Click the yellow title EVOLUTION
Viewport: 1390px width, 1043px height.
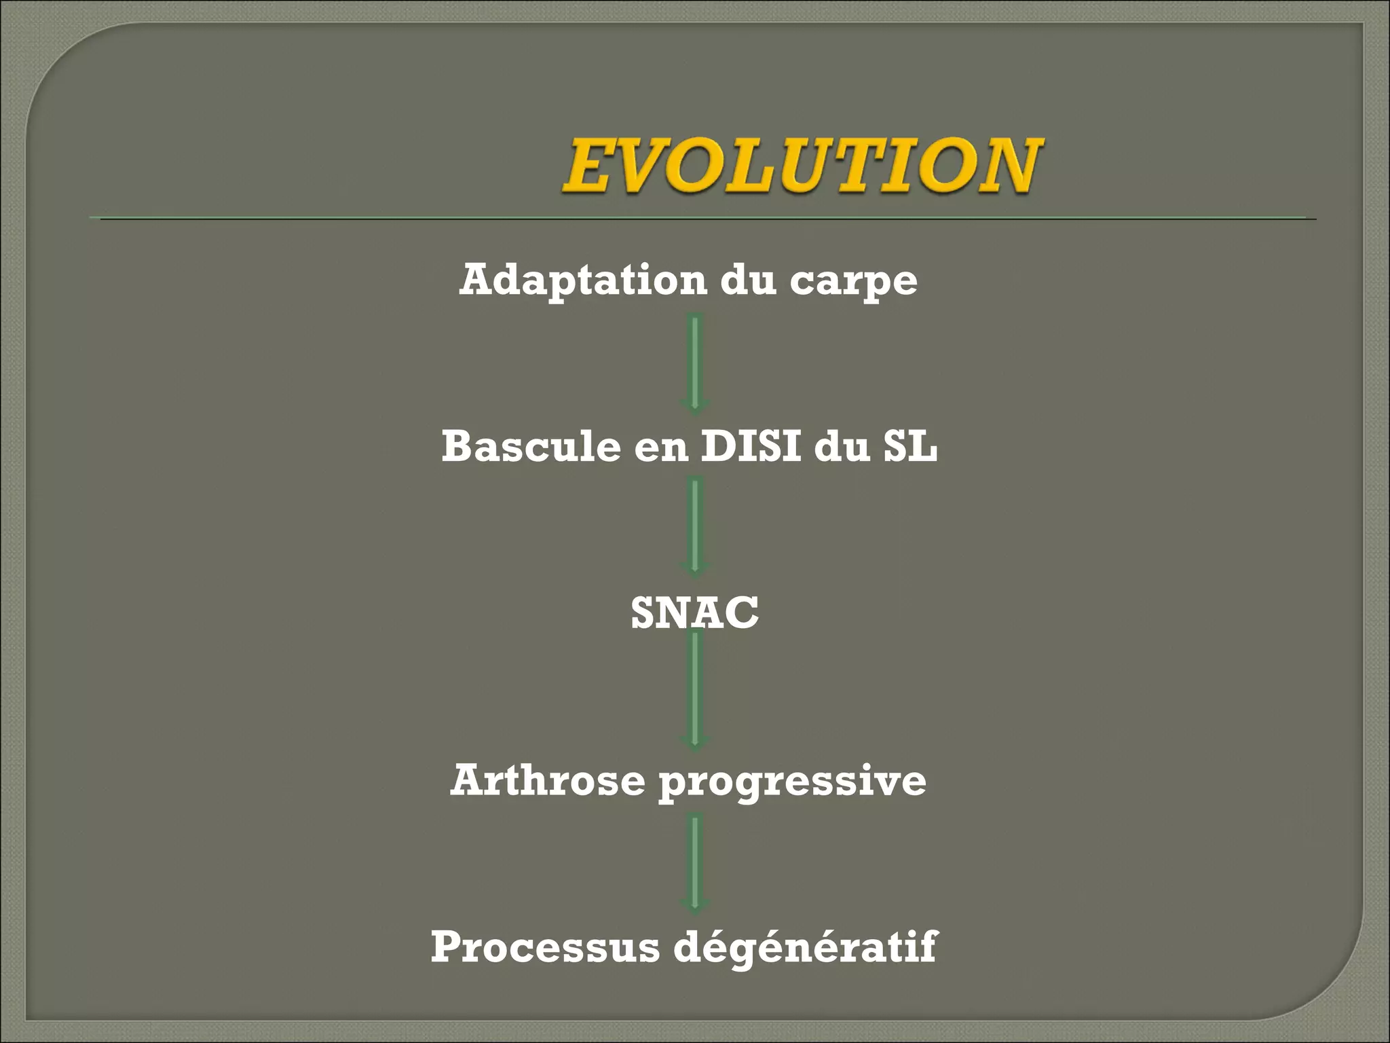pyautogui.click(x=801, y=165)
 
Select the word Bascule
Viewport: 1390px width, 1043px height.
pyautogui.click(x=531, y=447)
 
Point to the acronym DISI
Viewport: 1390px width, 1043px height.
pyautogui.click(x=751, y=447)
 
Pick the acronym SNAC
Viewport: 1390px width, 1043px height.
pyautogui.click(x=694, y=612)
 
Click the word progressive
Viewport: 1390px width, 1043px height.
pyautogui.click(x=792, y=782)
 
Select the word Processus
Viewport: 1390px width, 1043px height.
pyautogui.click(x=545, y=947)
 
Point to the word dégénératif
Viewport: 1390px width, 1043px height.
pyautogui.click(x=805, y=948)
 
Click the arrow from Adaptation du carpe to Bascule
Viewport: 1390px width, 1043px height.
pyautogui.click(x=694, y=363)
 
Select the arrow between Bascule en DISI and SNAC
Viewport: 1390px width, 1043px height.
pyautogui.click(x=694, y=527)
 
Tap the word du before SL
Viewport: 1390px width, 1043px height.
pyautogui.click(x=842, y=447)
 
